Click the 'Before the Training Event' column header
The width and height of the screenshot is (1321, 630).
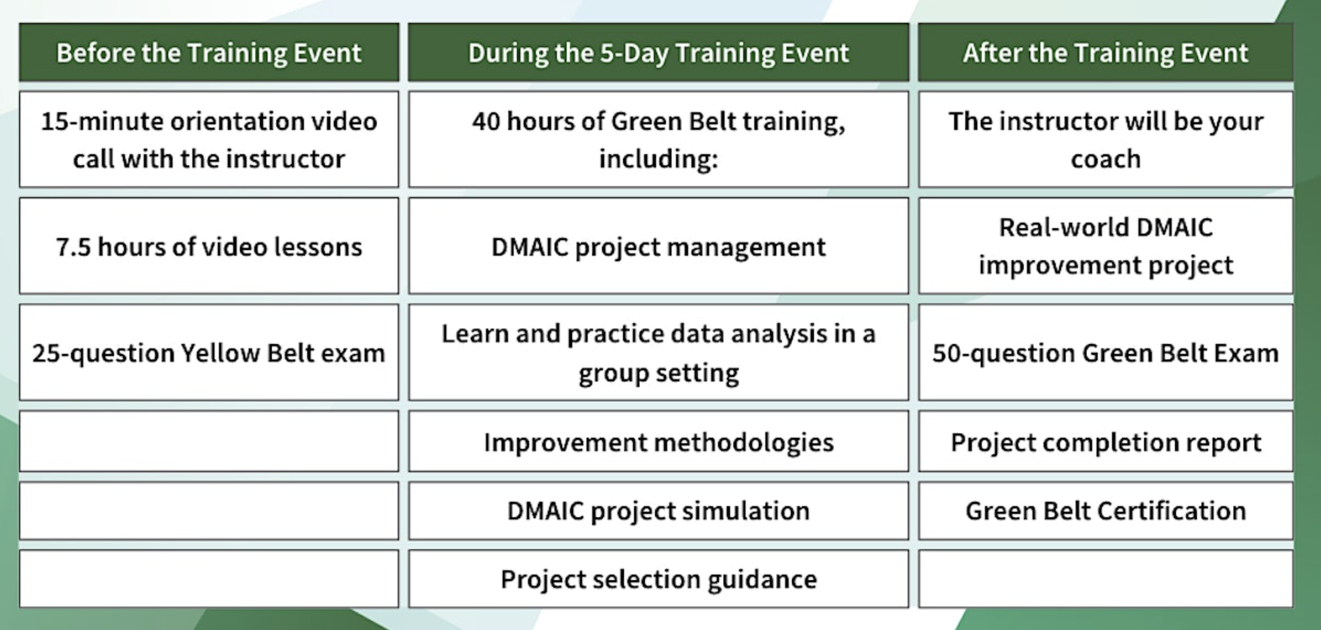coord(209,52)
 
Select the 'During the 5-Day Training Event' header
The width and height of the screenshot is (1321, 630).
coord(659,52)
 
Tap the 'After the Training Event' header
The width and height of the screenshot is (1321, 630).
coord(1105,52)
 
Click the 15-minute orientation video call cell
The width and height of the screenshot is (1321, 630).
coord(209,140)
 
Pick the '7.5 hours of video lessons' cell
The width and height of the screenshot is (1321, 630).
coord(209,246)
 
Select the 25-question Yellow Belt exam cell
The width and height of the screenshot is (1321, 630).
coord(209,353)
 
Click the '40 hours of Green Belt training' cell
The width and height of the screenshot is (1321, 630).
coord(659,140)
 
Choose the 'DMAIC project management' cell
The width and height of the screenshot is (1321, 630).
coord(659,246)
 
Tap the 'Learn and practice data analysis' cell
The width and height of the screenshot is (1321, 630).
coord(659,353)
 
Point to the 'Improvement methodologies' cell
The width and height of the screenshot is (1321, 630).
coord(659,441)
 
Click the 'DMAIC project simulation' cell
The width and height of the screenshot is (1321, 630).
coord(659,511)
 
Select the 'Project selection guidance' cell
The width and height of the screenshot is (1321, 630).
coord(659,579)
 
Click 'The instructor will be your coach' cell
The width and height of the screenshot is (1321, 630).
coord(1105,140)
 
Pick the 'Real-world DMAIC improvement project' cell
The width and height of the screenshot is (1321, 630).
coord(1105,246)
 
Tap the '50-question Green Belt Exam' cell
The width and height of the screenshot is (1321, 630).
coord(1105,353)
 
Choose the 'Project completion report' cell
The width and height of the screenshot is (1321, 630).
coord(1105,441)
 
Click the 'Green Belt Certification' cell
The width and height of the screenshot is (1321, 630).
coord(1105,511)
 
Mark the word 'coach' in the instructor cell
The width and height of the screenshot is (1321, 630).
coord(1105,159)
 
